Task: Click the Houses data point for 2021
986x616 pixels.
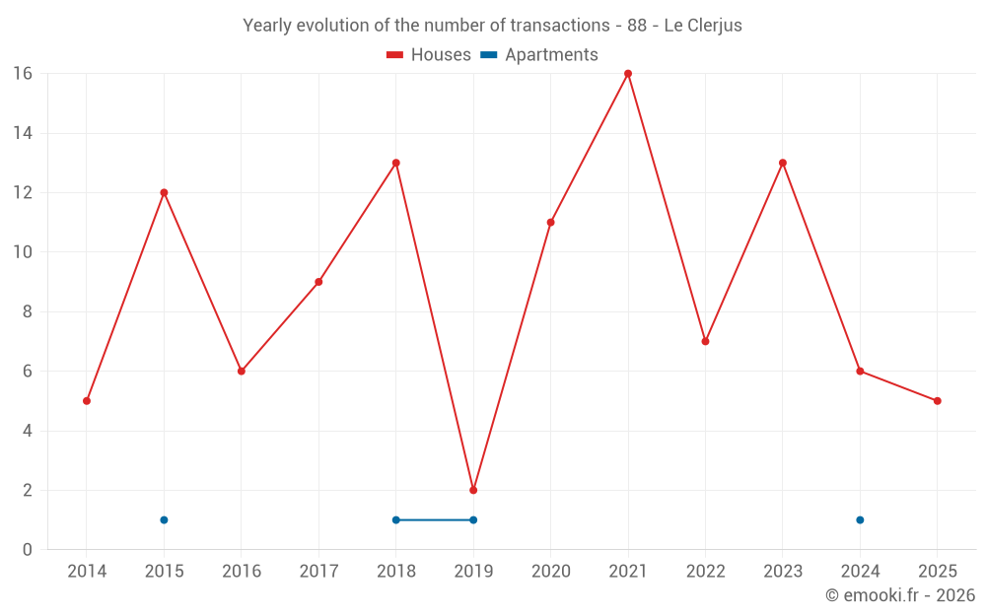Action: (628, 74)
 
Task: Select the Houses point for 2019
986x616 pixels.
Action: (473, 490)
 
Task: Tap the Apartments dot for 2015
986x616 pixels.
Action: (164, 519)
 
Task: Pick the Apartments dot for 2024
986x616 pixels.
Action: (860, 519)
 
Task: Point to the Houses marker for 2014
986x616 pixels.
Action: (87, 401)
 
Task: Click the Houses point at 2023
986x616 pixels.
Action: (783, 163)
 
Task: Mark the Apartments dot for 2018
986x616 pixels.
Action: (395, 519)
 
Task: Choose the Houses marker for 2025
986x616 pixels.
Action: (937, 401)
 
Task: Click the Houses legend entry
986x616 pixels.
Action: (429, 55)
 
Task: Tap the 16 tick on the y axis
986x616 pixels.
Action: (22, 74)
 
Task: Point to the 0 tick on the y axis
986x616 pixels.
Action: (27, 550)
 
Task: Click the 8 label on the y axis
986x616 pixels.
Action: (27, 311)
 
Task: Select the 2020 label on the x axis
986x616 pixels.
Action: (550, 572)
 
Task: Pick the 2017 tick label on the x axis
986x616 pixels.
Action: (318, 572)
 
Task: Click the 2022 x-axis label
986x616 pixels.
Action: (705, 572)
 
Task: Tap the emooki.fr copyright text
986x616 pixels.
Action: (899, 595)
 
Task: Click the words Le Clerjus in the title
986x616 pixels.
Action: (703, 26)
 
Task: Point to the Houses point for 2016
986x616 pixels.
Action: (242, 371)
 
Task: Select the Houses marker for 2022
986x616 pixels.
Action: (705, 341)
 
